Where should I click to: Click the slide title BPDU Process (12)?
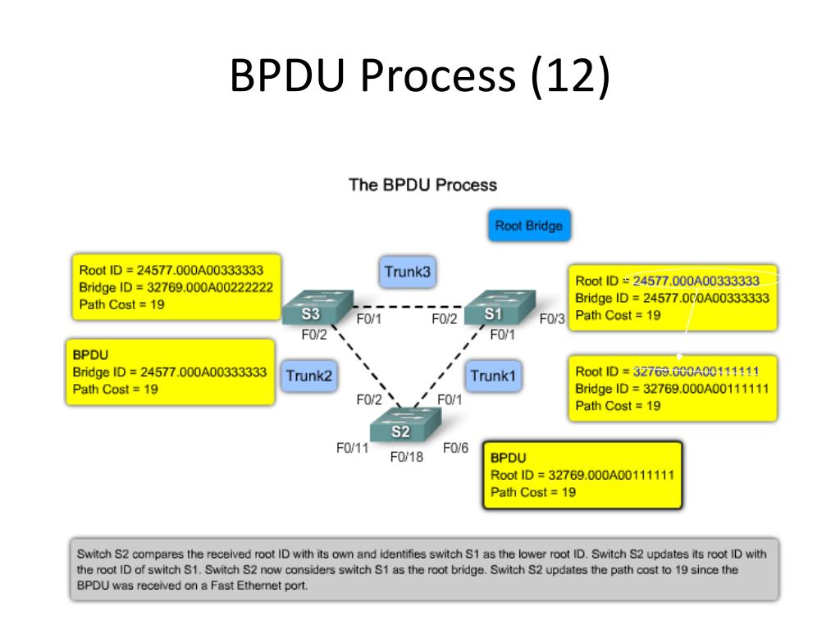tap(419, 76)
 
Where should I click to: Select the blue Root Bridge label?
tap(528, 226)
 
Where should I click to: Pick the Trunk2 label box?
tap(309, 376)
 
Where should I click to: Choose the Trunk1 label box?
tap(493, 376)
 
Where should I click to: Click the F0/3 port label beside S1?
tap(552, 319)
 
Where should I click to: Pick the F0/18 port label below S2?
tap(407, 457)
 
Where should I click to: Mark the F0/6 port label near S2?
tap(455, 448)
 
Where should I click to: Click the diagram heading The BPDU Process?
tap(422, 185)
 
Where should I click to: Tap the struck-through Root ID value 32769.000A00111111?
tap(696, 371)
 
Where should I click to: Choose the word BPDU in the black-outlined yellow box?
tap(508, 457)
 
